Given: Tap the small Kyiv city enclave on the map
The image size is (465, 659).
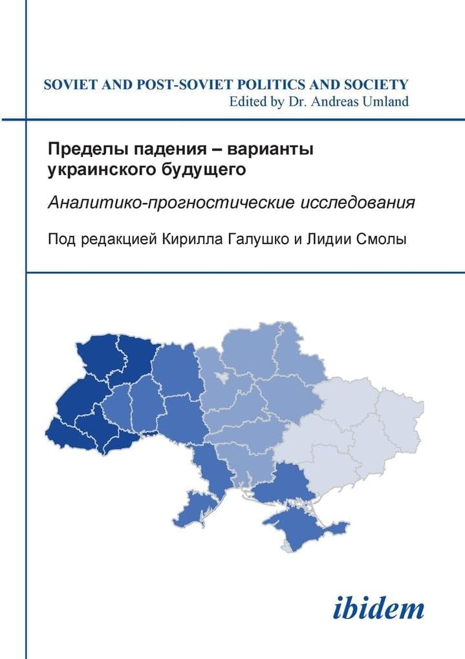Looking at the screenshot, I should click(x=224, y=377).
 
